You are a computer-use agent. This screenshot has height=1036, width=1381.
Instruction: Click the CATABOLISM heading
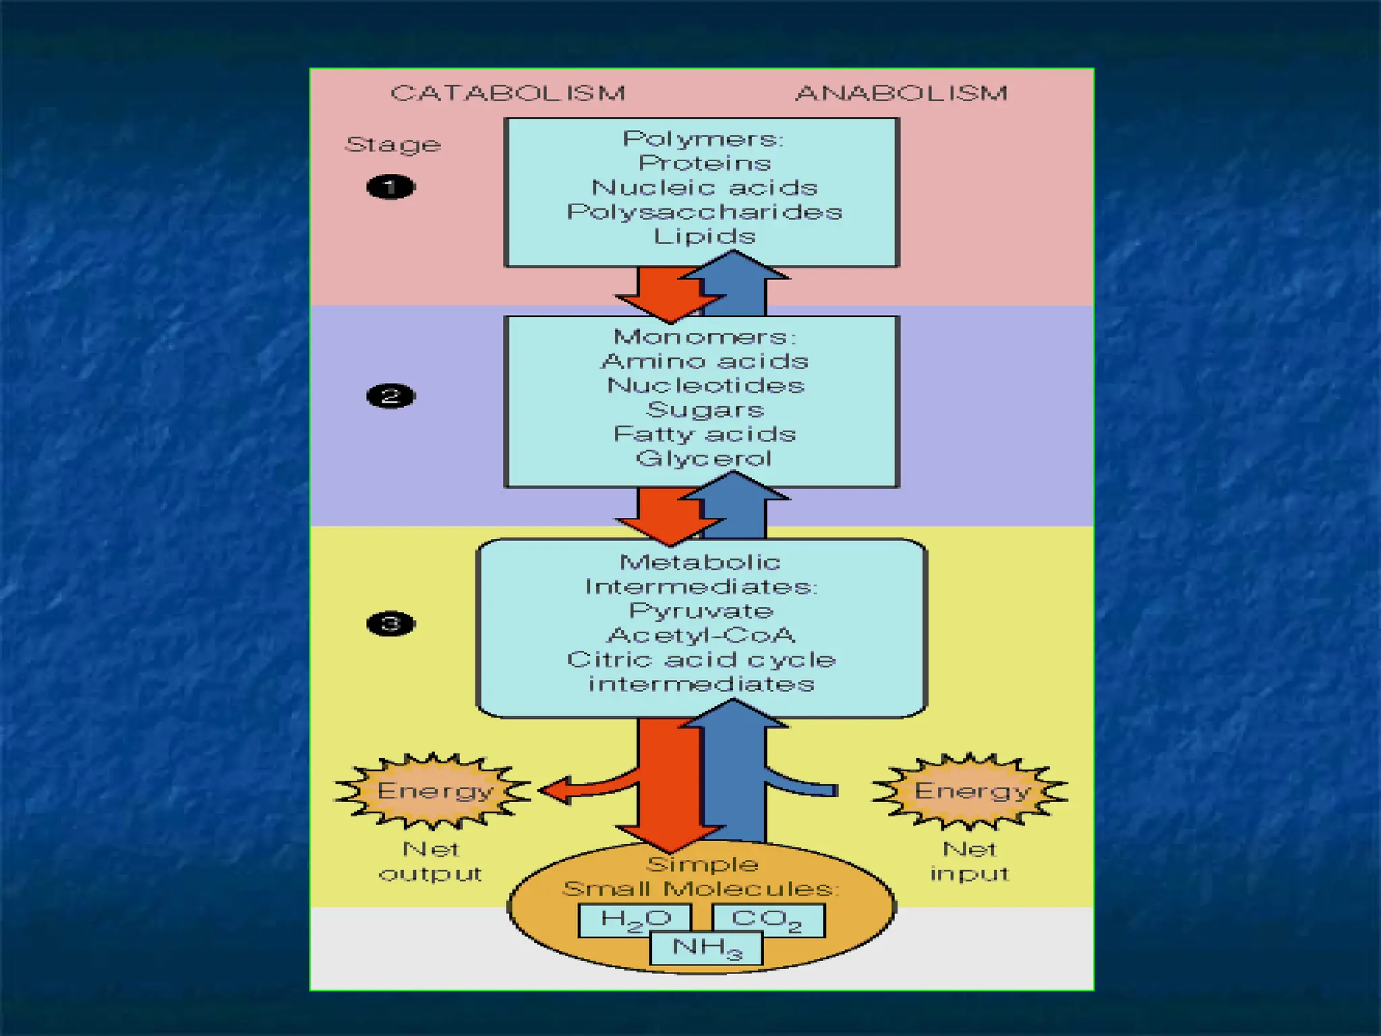coord(508,92)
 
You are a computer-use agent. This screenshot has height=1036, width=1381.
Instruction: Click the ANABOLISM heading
coord(902,92)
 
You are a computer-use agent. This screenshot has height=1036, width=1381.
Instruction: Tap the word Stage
coord(393,144)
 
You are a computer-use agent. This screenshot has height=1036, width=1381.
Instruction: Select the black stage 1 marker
coord(390,187)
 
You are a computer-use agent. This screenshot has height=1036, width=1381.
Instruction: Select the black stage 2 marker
coord(390,396)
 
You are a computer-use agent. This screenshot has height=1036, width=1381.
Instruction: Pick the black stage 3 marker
coord(390,623)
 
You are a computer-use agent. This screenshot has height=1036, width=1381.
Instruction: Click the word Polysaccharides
coord(704,212)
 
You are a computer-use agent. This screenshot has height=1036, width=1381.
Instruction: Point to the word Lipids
coord(704,236)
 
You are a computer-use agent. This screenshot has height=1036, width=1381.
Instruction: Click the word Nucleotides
coord(705,385)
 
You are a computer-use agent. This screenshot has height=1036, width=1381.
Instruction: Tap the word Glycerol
coord(703,459)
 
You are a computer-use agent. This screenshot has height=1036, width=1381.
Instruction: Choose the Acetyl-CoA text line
coord(701,635)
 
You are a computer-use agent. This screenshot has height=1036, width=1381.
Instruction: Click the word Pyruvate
coord(701,611)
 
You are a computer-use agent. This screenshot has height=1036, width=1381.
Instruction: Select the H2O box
coord(635,920)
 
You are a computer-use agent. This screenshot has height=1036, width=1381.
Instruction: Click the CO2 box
coord(767,920)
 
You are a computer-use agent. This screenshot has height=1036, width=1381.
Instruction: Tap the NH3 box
coord(706,948)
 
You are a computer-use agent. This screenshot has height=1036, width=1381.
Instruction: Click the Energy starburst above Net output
coord(433,790)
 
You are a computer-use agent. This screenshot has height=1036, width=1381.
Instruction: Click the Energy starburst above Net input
coord(970,790)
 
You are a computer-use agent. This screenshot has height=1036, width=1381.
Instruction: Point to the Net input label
coord(970,861)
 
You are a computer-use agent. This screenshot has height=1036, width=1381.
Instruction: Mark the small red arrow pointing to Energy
coord(573,790)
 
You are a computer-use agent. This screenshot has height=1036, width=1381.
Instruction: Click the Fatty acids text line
coord(704,434)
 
